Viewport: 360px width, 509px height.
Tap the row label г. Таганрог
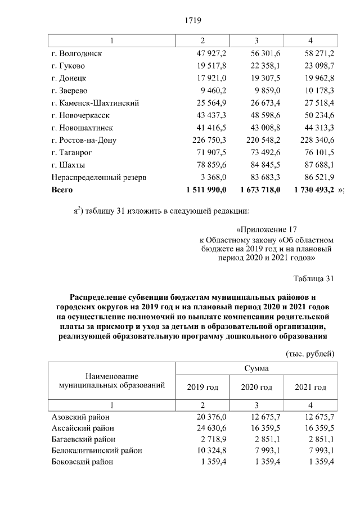(72, 152)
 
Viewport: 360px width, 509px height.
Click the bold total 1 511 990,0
(205, 190)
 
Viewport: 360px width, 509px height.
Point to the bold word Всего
(62, 190)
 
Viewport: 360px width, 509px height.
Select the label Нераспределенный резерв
(99, 177)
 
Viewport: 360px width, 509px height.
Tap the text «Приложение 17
(267, 229)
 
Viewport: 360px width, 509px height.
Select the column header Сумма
(256, 369)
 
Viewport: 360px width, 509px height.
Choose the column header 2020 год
(256, 388)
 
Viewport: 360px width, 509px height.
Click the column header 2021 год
(310, 388)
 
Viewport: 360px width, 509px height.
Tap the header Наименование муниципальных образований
(112, 380)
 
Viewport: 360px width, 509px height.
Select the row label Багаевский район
(84, 439)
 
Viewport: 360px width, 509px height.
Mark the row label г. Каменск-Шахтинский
(94, 103)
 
